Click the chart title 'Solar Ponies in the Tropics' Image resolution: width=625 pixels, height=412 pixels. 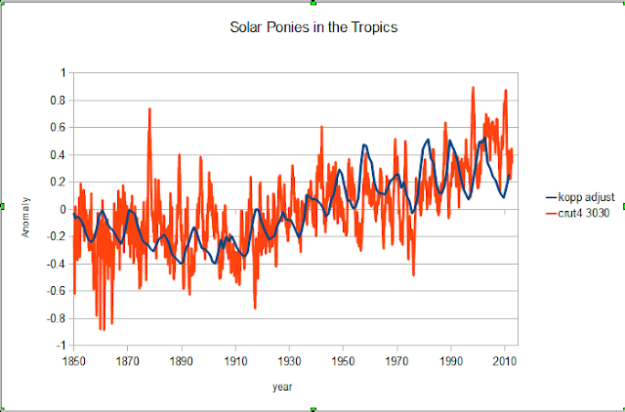312,26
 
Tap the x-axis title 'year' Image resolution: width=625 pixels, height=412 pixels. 282,388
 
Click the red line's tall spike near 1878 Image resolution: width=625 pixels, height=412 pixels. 149,108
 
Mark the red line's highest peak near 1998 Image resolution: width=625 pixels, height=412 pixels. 473,87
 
